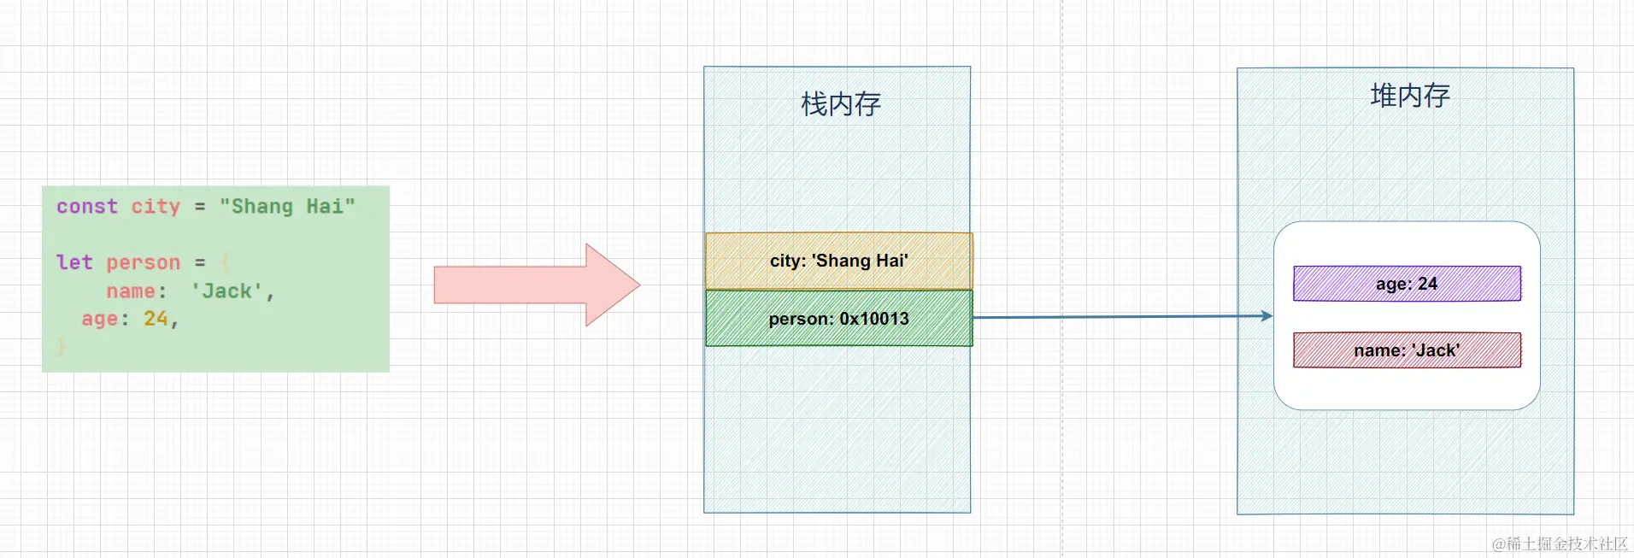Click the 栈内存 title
point(840,104)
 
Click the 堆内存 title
point(1410,96)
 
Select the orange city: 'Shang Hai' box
point(838,261)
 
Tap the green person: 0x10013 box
point(838,319)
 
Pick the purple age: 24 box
point(1407,284)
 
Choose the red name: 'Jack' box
point(1407,350)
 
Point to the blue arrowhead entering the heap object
point(1267,316)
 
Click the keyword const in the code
point(87,207)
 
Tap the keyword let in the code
point(74,262)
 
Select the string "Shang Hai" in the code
point(287,207)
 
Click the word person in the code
point(144,262)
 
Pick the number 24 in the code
point(156,319)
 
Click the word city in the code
point(156,207)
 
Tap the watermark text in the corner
point(1560,543)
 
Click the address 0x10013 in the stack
point(874,319)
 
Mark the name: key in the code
point(136,291)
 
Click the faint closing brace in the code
point(62,346)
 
